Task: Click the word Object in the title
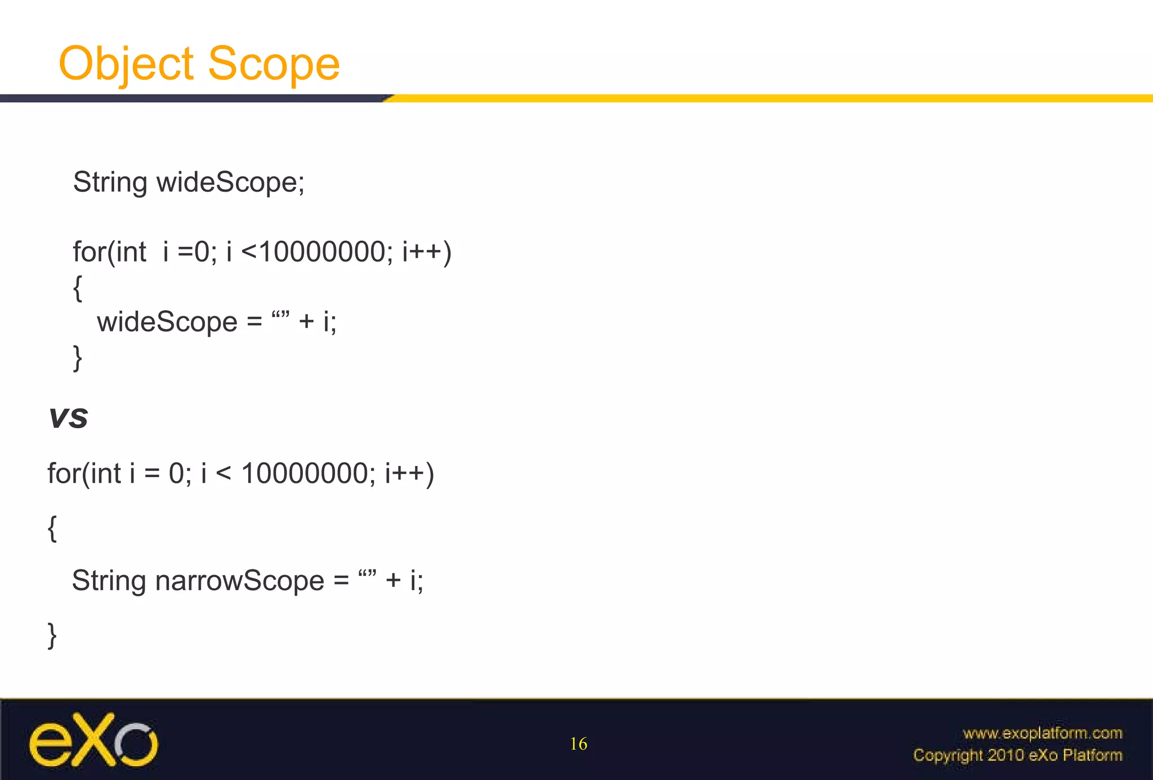click(x=126, y=64)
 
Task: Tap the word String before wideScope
click(x=110, y=183)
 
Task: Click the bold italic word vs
click(x=68, y=418)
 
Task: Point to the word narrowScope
click(x=240, y=581)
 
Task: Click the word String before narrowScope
click(x=109, y=581)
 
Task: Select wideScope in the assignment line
click(x=167, y=322)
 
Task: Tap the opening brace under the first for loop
click(x=78, y=288)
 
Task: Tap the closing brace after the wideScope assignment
click(x=78, y=358)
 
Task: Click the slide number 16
click(x=578, y=744)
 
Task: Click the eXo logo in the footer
click(x=93, y=741)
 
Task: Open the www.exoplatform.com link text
click(x=1042, y=733)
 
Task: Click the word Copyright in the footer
click(x=948, y=755)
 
